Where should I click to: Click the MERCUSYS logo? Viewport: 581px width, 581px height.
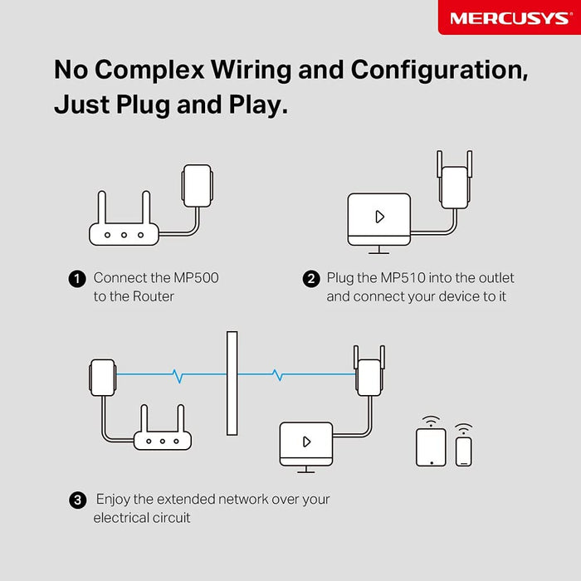pos(510,17)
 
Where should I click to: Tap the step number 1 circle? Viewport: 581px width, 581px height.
pos(76,279)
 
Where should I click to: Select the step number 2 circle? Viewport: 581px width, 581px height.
pos(311,279)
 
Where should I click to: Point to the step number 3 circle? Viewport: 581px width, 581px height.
pos(77,500)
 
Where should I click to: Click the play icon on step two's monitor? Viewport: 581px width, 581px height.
pos(379,217)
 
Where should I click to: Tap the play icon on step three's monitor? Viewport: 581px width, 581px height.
pos(306,442)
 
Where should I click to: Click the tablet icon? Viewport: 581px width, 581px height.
pos(430,447)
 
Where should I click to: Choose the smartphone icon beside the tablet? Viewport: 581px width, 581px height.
pos(464,451)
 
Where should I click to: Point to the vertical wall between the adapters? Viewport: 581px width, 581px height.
pos(232,383)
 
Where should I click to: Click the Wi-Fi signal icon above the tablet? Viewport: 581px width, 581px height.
pos(430,419)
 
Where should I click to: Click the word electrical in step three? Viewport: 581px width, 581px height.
pos(124,518)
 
